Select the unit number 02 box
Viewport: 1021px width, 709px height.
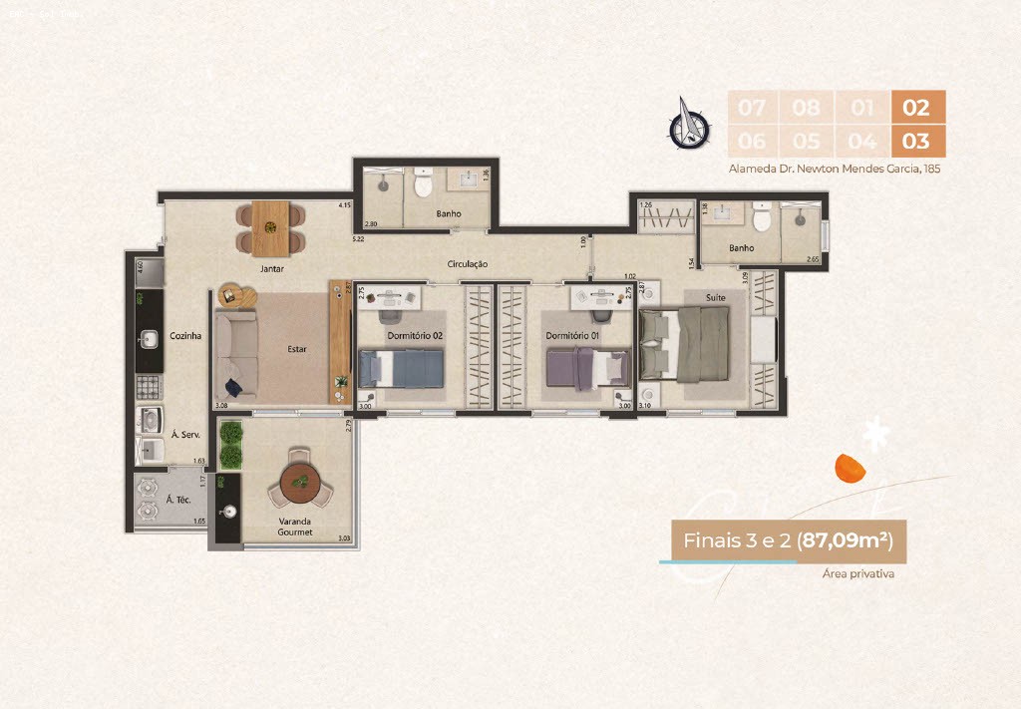click(x=915, y=107)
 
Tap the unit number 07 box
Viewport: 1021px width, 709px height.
click(x=753, y=107)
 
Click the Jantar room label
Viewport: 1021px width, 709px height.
click(x=271, y=269)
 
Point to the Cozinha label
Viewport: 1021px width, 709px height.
click(x=185, y=336)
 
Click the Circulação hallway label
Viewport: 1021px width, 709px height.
click(x=467, y=264)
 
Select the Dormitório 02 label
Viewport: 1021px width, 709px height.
click(x=415, y=336)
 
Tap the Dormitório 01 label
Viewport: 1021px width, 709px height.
click(x=572, y=336)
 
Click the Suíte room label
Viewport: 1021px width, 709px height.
click(x=716, y=297)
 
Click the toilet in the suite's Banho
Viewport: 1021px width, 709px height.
click(x=763, y=218)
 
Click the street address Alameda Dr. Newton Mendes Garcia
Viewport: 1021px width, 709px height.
click(x=835, y=169)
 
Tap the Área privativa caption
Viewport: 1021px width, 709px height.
click(x=857, y=574)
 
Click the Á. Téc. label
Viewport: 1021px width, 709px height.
click(x=177, y=499)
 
